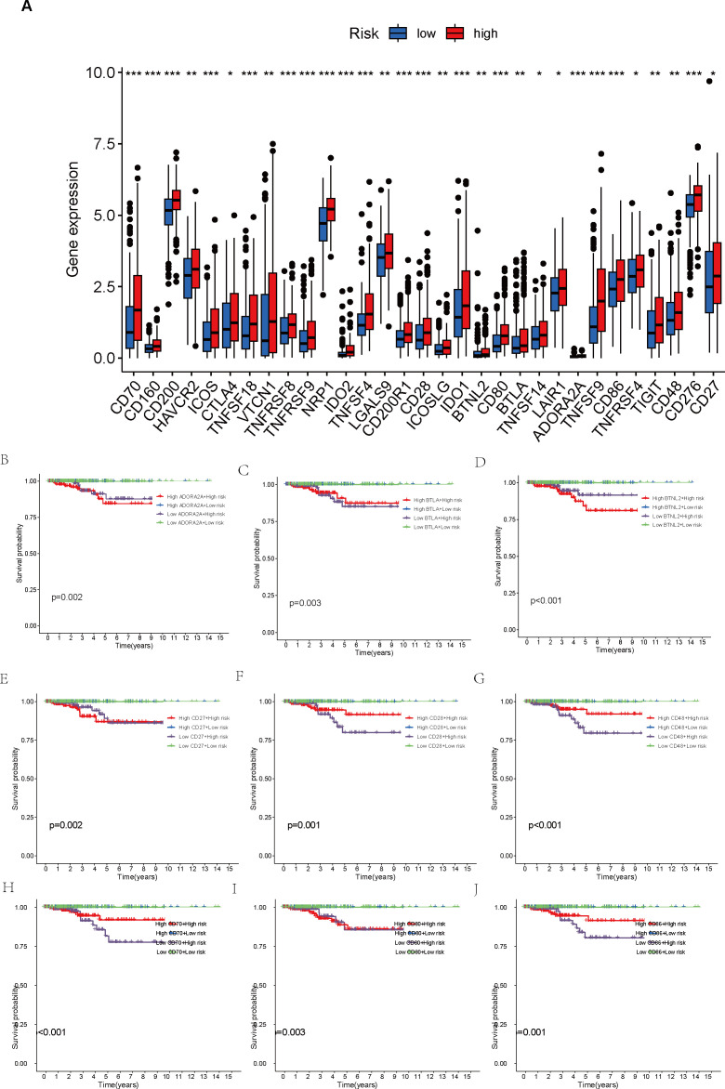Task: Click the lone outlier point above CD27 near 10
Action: [709, 82]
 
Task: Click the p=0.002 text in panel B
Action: [67, 597]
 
